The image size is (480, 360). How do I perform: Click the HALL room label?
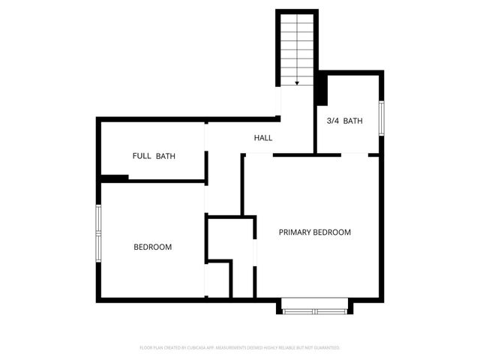point(262,138)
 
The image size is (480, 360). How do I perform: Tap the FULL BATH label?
point(154,156)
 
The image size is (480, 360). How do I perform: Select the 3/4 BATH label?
point(345,121)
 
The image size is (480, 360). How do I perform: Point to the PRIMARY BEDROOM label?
point(315,232)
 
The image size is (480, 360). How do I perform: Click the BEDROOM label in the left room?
point(153,247)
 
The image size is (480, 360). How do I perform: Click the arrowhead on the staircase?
point(298,82)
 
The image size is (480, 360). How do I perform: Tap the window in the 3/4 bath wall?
point(381,118)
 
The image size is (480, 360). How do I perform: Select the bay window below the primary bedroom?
point(315,307)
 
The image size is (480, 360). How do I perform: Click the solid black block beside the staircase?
point(322,89)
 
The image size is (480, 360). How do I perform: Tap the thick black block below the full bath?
point(114,178)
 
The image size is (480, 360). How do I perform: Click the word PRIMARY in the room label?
point(295,232)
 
